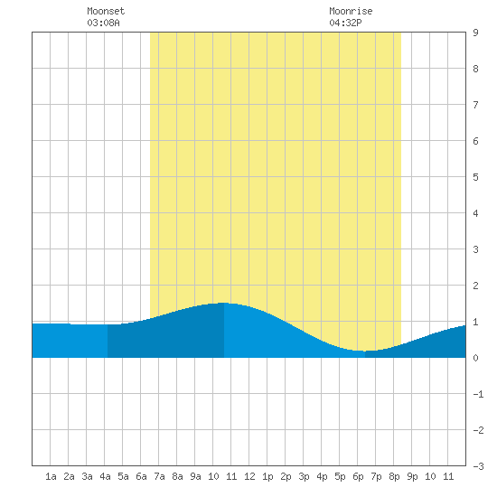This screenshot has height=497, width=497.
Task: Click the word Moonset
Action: (106, 11)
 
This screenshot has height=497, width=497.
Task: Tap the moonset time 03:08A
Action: (103, 23)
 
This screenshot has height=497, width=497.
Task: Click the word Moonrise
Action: (351, 11)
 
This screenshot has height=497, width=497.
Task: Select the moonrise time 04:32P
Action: (345, 23)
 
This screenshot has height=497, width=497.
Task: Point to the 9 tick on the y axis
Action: (475, 33)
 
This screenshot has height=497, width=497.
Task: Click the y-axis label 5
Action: (475, 177)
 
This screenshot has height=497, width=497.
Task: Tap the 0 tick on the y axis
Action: (475, 358)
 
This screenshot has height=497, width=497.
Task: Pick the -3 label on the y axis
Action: (478, 466)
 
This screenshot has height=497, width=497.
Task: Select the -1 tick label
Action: (478, 394)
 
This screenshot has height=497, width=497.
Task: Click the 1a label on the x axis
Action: (51, 476)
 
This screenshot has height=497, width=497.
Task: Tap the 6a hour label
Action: (141, 476)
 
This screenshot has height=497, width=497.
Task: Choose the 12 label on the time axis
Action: (249, 476)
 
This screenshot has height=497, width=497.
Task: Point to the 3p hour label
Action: (304, 476)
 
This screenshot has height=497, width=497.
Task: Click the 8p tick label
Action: (394, 476)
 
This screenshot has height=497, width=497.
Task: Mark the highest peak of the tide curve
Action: (224, 303)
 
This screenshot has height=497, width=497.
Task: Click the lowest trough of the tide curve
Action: (364, 351)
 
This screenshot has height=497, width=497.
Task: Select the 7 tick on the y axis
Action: (475, 105)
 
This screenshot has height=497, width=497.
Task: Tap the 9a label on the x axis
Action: (195, 476)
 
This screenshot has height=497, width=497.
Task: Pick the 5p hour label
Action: (340, 476)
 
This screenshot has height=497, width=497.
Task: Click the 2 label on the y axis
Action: (475, 286)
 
